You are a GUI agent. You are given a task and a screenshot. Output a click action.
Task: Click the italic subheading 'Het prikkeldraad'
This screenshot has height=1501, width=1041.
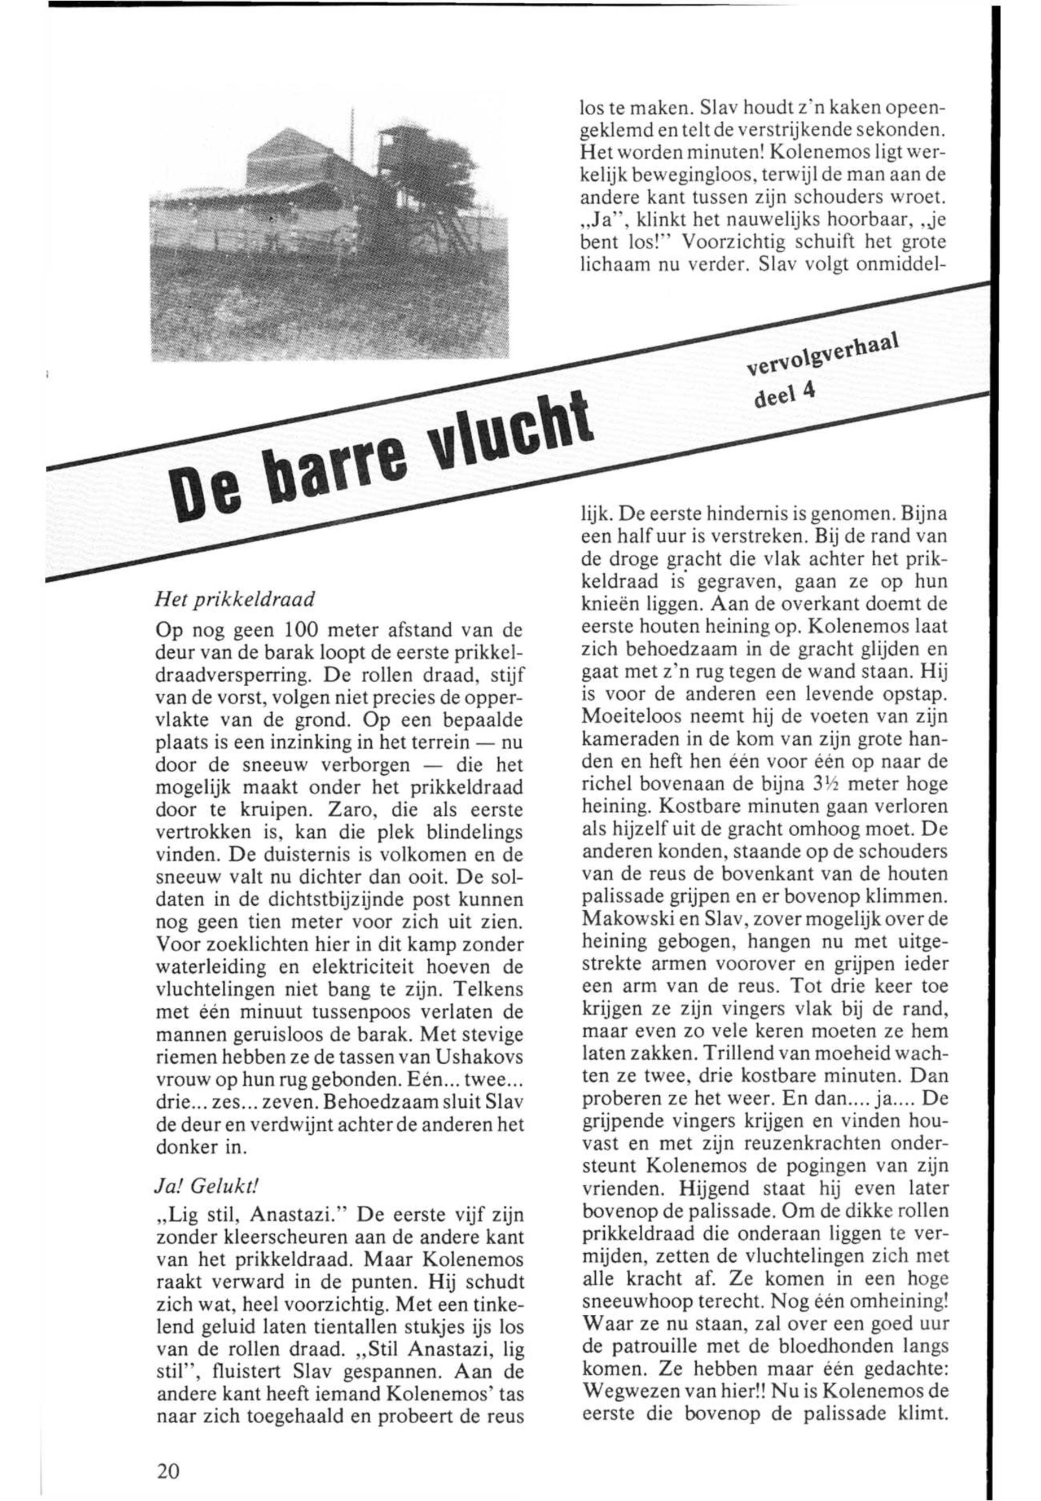[235, 598]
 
